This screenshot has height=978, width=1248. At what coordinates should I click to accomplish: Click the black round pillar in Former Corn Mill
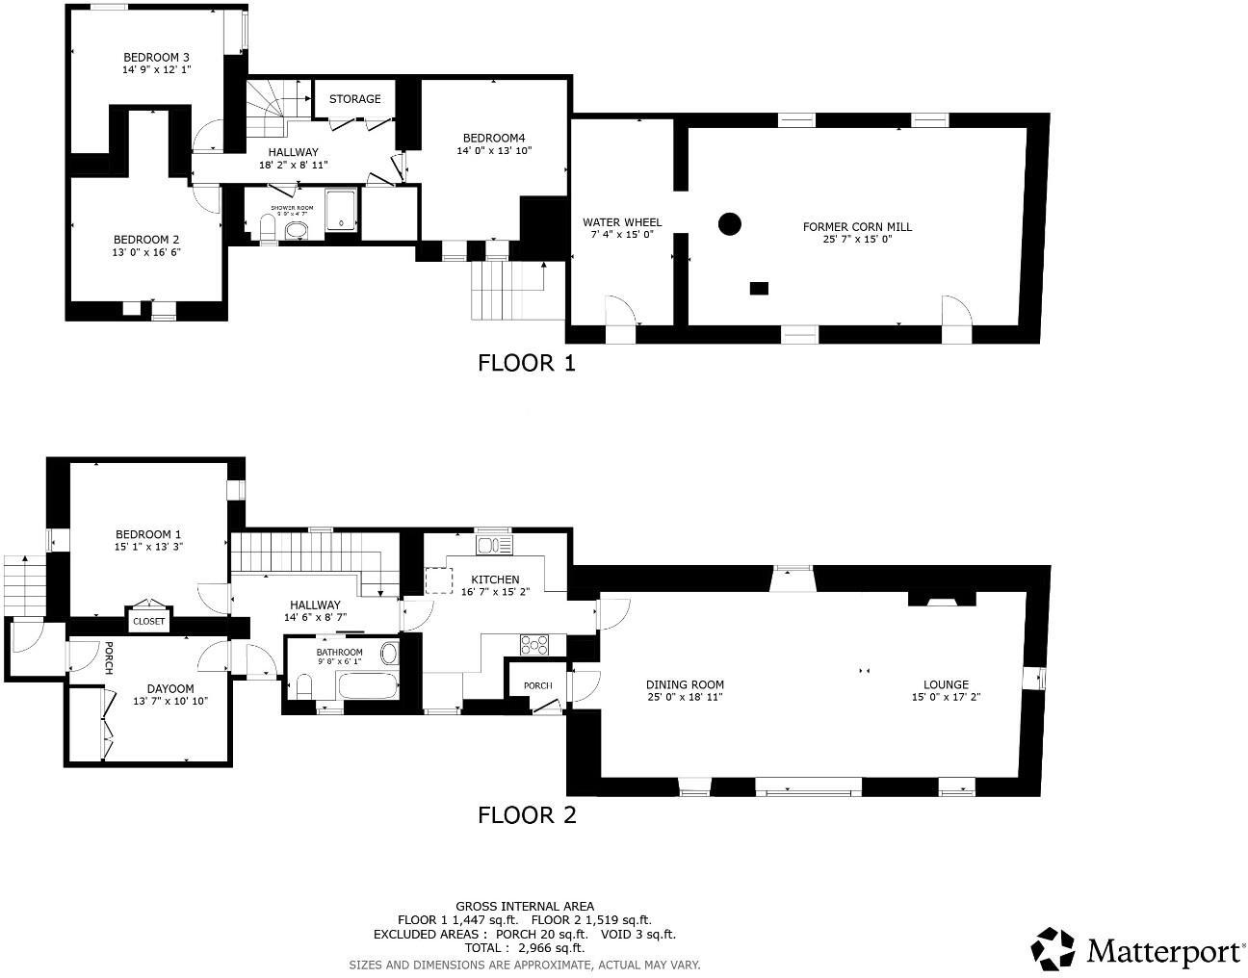pyautogui.click(x=730, y=224)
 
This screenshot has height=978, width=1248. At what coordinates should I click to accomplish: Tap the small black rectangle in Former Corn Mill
pyautogui.click(x=760, y=287)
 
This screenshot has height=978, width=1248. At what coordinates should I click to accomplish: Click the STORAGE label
pyautogui.click(x=354, y=99)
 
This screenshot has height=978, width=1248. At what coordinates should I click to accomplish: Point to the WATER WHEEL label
pyautogui.click(x=621, y=222)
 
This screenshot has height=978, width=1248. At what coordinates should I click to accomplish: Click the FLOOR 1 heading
pyautogui.click(x=527, y=363)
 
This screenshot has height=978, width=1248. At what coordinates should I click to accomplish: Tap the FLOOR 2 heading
pyautogui.click(x=527, y=815)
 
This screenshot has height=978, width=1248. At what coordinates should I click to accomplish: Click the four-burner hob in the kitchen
pyautogui.click(x=533, y=643)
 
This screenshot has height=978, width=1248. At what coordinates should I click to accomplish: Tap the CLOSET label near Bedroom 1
pyautogui.click(x=148, y=622)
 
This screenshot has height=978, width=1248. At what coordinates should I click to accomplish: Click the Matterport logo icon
pyautogui.click(x=1053, y=949)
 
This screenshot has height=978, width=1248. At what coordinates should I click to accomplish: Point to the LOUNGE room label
pyautogui.click(x=946, y=685)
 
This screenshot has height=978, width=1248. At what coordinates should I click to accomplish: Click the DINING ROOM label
pyautogui.click(x=684, y=685)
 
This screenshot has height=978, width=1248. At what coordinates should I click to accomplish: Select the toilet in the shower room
pyautogui.click(x=269, y=228)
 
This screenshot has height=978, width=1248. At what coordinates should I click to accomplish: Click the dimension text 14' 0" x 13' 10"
pyautogui.click(x=494, y=150)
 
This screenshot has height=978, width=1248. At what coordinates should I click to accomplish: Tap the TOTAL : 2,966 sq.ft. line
pyautogui.click(x=524, y=947)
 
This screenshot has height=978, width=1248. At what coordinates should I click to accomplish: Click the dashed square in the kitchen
pyautogui.click(x=439, y=580)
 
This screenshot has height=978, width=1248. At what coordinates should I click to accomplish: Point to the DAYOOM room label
pyautogui.click(x=170, y=688)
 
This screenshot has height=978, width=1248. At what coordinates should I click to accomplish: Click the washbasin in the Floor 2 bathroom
pyautogui.click(x=389, y=655)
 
